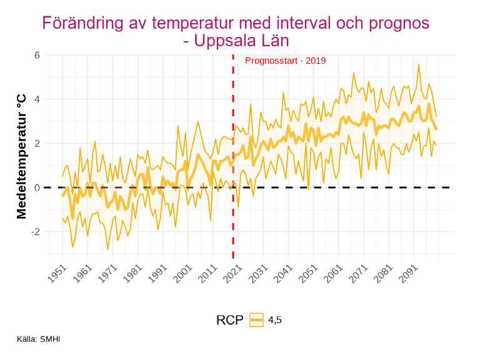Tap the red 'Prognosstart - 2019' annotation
285,61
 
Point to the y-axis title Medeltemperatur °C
22,156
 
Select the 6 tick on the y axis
37,55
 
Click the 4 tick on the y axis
37,99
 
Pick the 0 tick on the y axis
37,187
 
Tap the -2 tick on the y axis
36,231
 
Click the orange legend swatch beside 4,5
256,319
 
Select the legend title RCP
229,320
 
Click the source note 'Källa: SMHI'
39,339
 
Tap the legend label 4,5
275,320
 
